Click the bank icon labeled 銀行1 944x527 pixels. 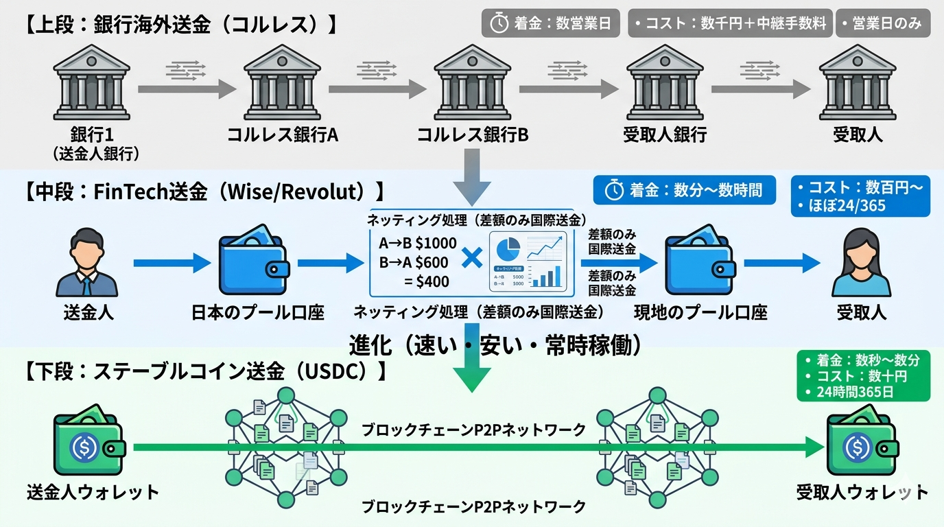click(91, 83)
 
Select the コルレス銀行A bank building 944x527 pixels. click(282, 83)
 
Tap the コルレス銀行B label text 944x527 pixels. click(473, 134)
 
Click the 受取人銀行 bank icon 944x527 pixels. click(665, 83)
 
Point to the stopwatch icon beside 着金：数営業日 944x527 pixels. click(499, 23)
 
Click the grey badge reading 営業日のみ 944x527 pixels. click(882, 23)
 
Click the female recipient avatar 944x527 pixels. click(861, 264)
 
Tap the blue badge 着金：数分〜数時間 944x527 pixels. click(684, 190)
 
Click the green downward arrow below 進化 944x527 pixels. click(472, 374)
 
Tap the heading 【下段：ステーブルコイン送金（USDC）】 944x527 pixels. click(206, 371)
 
